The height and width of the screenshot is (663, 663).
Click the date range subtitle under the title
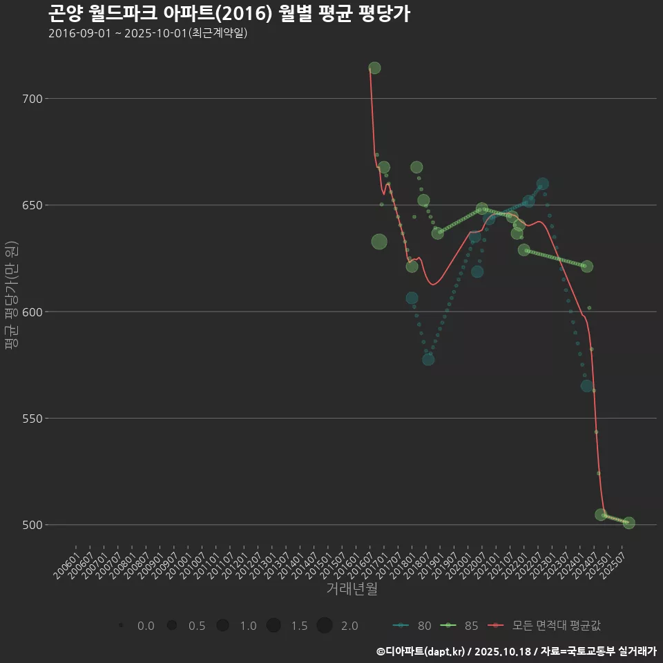[148, 33]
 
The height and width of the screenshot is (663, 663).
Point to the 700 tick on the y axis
[32, 99]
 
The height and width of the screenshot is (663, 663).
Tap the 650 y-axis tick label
[32, 205]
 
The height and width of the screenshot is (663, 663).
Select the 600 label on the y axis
[32, 311]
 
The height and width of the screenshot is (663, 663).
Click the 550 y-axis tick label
[32, 418]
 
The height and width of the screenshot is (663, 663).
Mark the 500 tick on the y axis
[32, 524]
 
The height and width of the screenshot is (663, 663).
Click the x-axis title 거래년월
[352, 589]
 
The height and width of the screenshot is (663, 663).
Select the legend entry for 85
[460, 626]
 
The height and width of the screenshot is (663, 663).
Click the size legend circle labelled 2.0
[325, 626]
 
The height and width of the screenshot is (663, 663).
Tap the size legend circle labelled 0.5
[172, 626]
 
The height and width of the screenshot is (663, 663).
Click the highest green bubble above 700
[374, 68]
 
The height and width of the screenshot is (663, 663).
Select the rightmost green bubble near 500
[628, 523]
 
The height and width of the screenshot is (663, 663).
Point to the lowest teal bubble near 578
[428, 359]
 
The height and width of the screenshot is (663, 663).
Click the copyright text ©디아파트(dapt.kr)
[421, 651]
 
